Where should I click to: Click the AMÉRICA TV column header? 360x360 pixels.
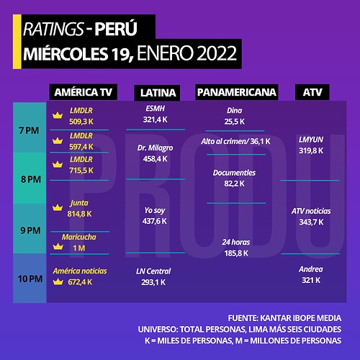[84, 92]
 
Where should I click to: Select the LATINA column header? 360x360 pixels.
[157, 93]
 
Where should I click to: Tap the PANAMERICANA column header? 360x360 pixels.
[237, 92]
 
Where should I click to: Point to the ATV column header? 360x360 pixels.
[312, 92]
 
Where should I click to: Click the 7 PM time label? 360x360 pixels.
[29, 131]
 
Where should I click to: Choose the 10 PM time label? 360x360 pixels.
[30, 279]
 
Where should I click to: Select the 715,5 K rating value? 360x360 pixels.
[81, 171]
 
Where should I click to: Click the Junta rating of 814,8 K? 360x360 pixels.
[79, 214]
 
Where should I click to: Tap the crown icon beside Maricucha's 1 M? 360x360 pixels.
[58, 246]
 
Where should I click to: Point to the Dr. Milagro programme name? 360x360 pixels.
[155, 148]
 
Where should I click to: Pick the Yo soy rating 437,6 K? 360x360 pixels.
[154, 221]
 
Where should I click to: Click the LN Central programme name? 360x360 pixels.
[153, 271]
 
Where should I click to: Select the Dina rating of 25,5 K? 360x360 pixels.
[235, 122]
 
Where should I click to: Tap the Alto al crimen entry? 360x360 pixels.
[235, 141]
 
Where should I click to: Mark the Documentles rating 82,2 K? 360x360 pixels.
[234, 184]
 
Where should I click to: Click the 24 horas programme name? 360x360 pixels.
[236, 242]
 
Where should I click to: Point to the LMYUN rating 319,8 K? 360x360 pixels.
[311, 150]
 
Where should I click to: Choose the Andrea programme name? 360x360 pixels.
[311, 269]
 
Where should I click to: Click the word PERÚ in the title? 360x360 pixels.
[116, 29]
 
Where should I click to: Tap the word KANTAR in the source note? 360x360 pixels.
[273, 318]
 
